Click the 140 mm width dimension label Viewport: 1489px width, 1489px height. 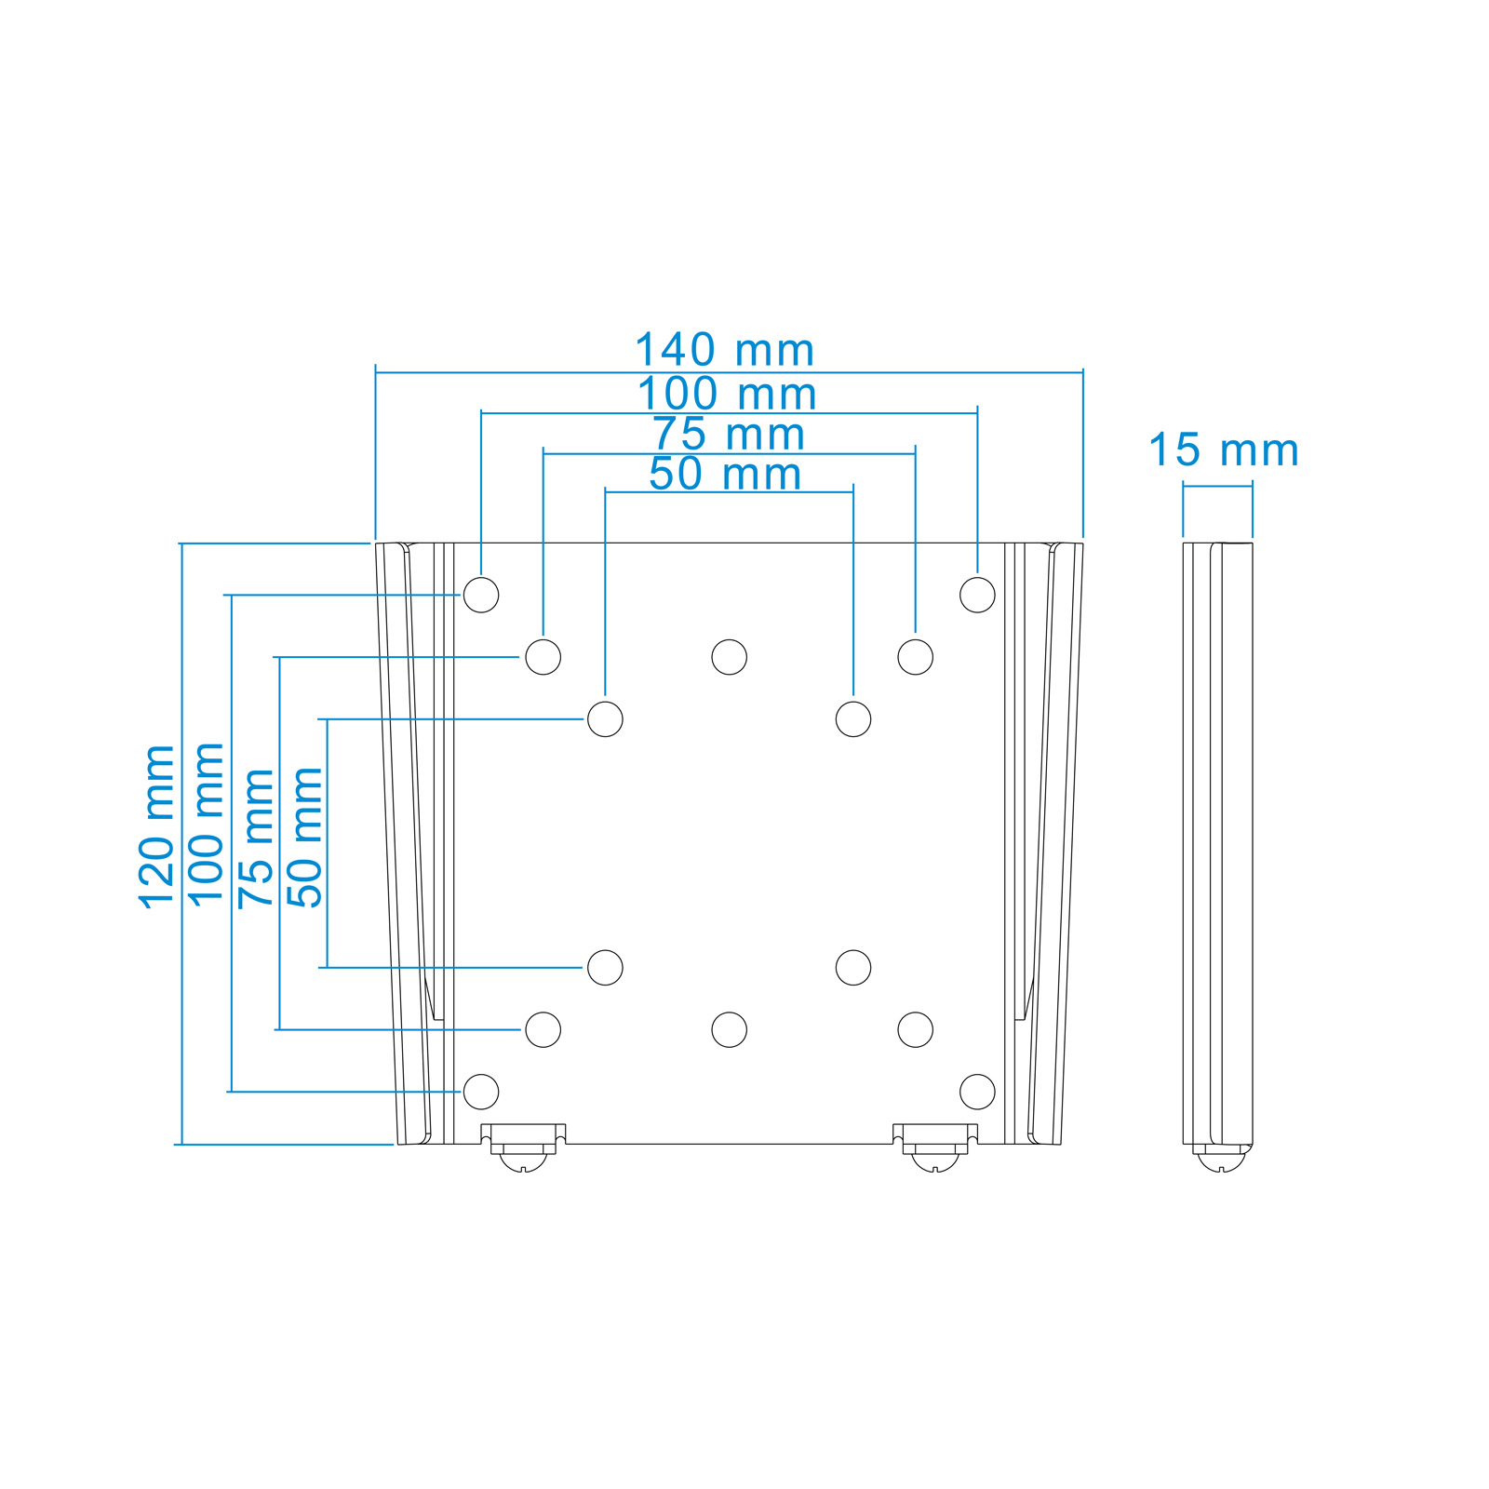click(724, 351)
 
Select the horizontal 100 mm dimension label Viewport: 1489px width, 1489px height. click(727, 394)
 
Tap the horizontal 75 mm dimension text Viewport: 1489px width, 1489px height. click(728, 435)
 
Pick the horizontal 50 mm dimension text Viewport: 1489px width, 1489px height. click(725, 474)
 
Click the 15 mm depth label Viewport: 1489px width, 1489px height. click(1223, 450)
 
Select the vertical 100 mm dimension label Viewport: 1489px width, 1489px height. click(206, 824)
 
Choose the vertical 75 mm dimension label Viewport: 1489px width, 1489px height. click(256, 838)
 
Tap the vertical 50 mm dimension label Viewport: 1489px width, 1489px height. click(304, 838)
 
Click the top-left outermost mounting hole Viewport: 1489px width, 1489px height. click(481, 595)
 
